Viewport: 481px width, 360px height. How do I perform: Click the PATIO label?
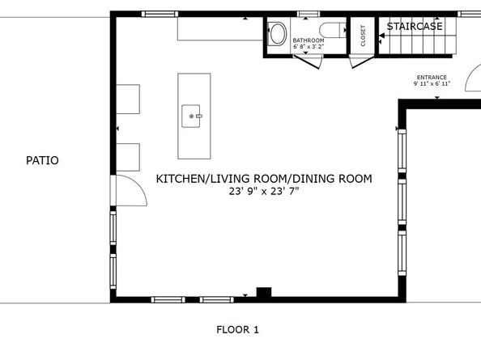tap(42, 161)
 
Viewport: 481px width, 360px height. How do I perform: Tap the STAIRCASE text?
tap(415, 27)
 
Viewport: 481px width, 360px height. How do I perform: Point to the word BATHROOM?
tap(309, 40)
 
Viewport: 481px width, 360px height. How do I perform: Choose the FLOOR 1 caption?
tap(237, 329)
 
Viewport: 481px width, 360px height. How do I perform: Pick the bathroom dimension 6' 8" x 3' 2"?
tap(309, 48)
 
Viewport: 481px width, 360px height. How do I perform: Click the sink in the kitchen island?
tap(194, 116)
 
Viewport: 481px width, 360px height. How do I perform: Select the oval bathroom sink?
tap(278, 34)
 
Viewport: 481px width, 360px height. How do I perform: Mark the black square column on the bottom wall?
tap(263, 292)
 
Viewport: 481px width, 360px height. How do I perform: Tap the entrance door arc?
tap(471, 80)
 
